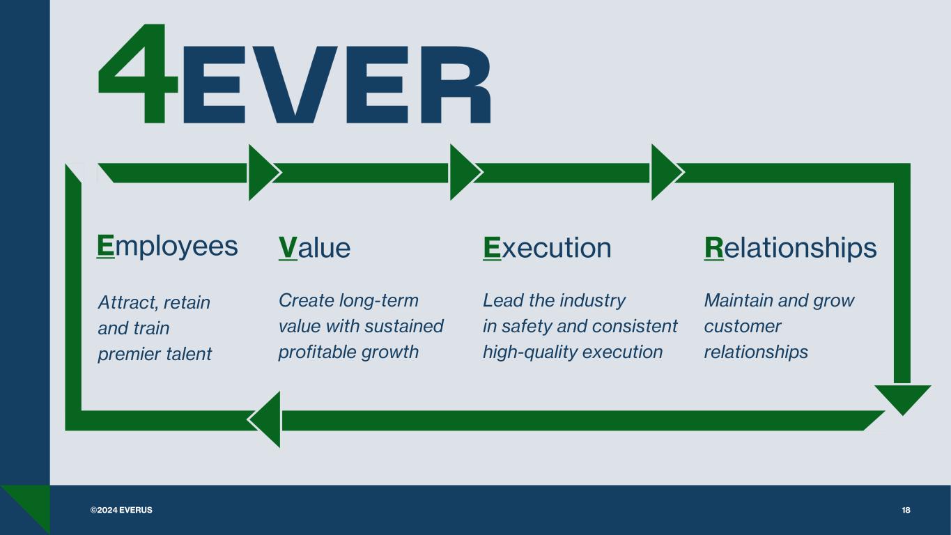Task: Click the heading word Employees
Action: click(x=167, y=247)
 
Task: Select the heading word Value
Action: click(x=315, y=247)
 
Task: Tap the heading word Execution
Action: click(x=547, y=247)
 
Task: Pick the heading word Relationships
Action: click(x=791, y=247)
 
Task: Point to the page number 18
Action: click(x=906, y=510)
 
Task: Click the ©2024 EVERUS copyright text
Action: click(x=121, y=510)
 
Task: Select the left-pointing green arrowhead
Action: click(x=264, y=419)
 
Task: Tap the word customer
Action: click(x=743, y=327)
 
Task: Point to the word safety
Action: click(x=527, y=327)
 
